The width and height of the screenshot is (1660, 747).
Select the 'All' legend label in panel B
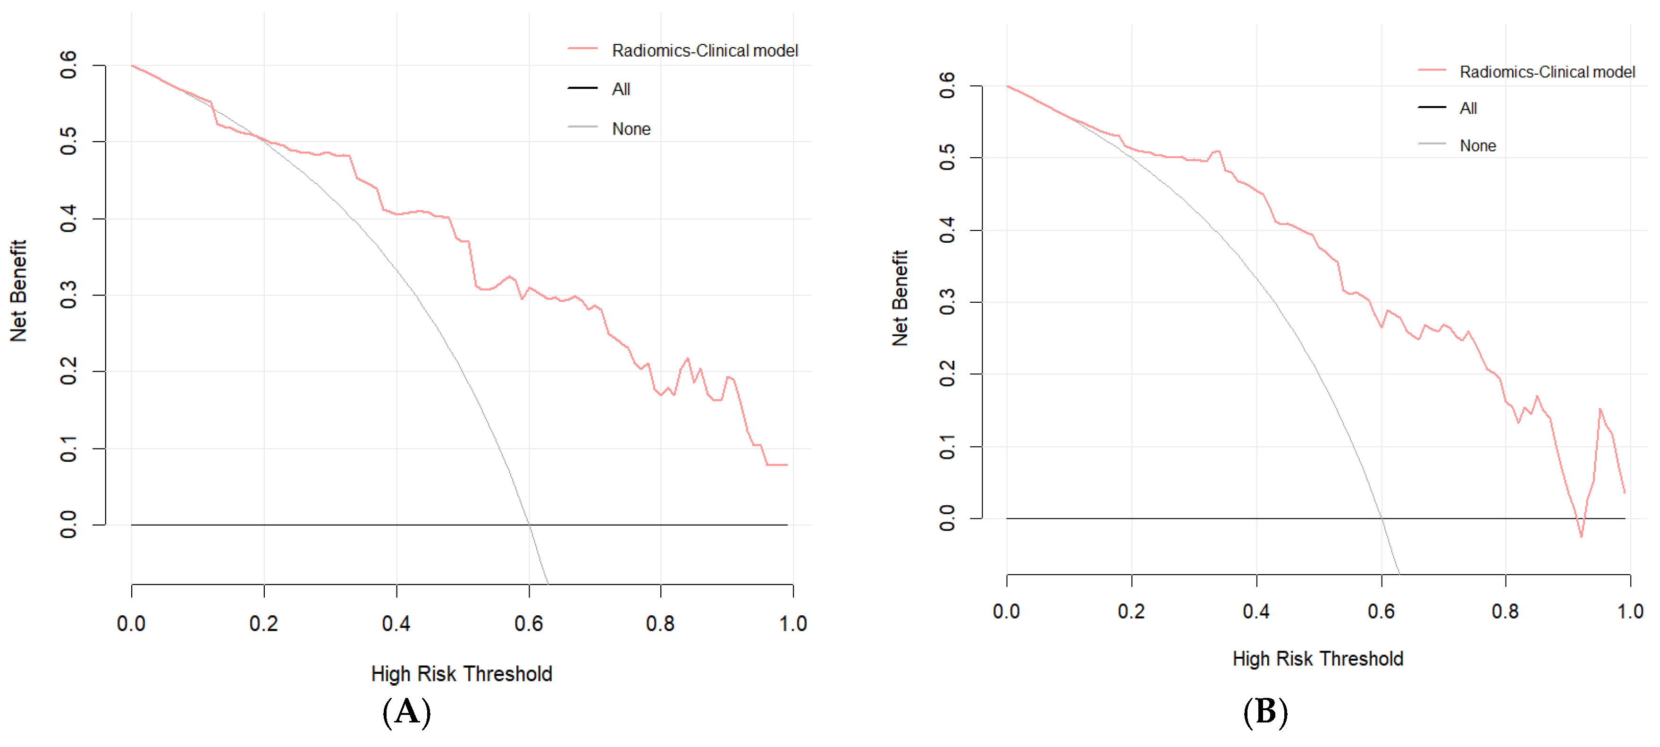coord(1468,108)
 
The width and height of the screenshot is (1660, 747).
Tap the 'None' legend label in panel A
coord(631,129)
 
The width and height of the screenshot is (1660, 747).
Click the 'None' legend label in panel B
coord(1478,145)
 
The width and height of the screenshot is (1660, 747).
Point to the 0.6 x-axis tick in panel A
coord(529,623)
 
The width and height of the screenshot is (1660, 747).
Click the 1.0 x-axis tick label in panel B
coord(1630,611)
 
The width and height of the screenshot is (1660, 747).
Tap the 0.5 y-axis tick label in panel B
coord(947,157)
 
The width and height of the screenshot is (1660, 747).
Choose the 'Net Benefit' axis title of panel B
coord(900,298)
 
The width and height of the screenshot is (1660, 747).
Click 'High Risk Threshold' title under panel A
coord(462,673)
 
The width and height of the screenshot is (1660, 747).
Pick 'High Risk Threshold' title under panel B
coord(1318,659)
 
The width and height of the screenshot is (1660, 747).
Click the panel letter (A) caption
coord(407,712)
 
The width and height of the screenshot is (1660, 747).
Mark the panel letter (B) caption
coord(1265,712)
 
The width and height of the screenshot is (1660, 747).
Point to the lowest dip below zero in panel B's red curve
coord(1581,535)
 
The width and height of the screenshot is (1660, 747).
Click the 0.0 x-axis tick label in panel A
coord(131,623)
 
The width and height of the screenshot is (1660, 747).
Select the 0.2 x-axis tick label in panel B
coord(1131,611)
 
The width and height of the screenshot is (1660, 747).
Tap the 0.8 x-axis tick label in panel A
coord(660,623)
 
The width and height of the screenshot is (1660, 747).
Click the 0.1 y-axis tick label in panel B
coord(947,446)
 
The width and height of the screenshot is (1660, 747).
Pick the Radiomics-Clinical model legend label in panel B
coord(1547,72)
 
